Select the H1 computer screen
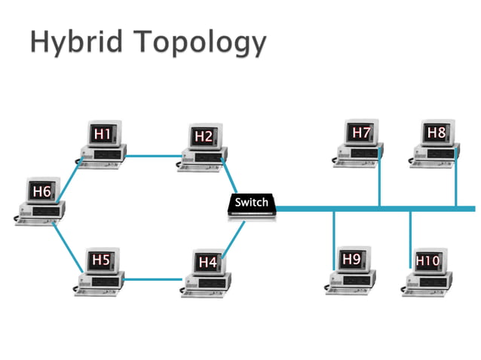click(x=103, y=134)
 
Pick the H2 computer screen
click(x=203, y=136)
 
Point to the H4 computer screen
click(x=207, y=262)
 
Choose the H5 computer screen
click(x=101, y=261)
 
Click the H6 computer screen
click(x=41, y=192)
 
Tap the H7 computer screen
click(x=361, y=133)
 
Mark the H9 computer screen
click(x=351, y=260)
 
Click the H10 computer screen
click(x=427, y=261)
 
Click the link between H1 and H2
click(x=155, y=156)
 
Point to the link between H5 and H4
click(x=153, y=279)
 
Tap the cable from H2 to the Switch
click(x=231, y=178)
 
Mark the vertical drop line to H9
click(x=334, y=241)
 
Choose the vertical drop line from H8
click(x=455, y=181)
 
